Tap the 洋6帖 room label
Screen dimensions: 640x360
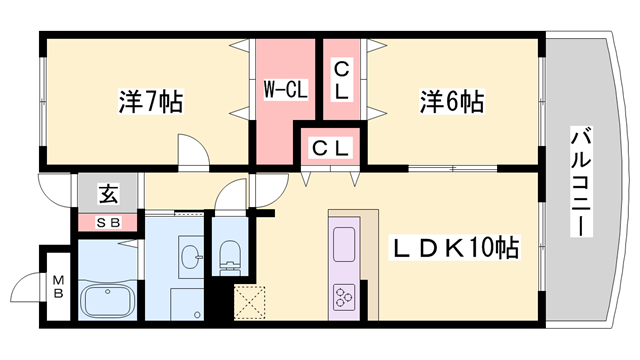pos(451,102)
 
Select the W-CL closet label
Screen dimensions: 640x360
pos(285,89)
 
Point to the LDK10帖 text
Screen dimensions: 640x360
pos(454,247)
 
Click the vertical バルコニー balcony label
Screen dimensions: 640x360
pos(580,181)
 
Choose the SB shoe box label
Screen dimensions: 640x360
pos(107,222)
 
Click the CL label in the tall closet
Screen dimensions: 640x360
pos(341,79)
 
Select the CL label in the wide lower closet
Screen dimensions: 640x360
pos(331,148)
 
